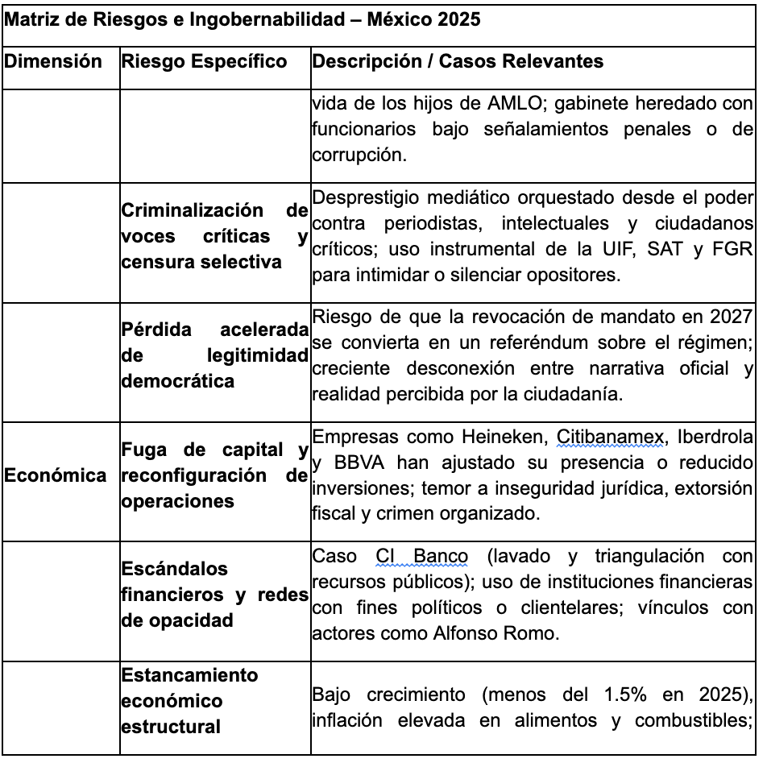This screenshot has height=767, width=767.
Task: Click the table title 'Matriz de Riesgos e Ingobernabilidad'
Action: pos(242,19)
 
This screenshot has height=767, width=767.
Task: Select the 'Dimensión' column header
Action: pos(53,62)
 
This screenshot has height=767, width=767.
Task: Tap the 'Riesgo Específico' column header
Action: pos(204,62)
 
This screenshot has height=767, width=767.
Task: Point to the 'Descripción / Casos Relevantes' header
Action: pos(457,62)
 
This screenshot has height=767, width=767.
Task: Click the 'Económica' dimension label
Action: pos(55,475)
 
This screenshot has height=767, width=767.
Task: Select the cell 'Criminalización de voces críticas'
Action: pos(214,236)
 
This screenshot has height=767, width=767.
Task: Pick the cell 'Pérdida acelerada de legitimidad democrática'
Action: pos(214,355)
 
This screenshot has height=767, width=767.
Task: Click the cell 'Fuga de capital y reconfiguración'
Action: pos(214,475)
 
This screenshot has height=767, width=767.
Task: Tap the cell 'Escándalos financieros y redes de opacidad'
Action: pos(214,595)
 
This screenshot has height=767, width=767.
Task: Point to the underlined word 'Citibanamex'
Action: pos(611,437)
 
